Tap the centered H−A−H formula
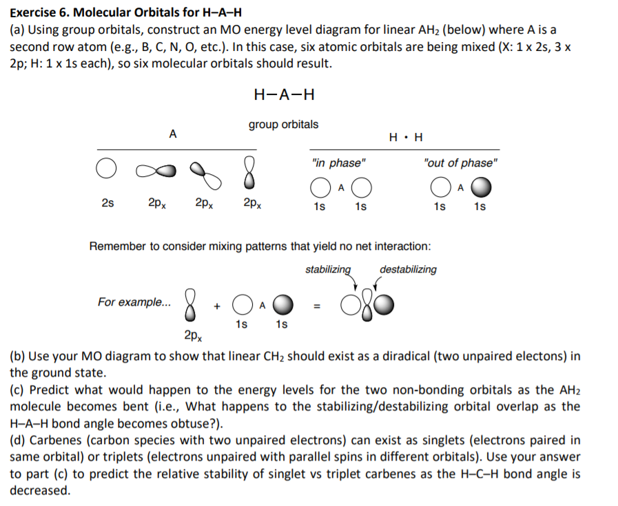[x=284, y=94]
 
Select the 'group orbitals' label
[x=283, y=125]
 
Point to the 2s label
[x=107, y=203]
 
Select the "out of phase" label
[x=460, y=163]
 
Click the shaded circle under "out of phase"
[x=482, y=188]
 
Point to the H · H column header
[x=406, y=136]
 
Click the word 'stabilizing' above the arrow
[x=328, y=269]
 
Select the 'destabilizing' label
[x=408, y=269]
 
